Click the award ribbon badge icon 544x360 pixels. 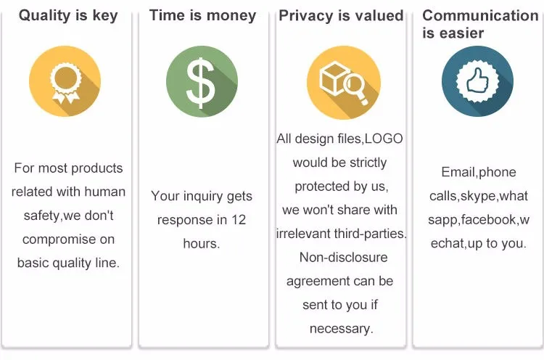pos(65,83)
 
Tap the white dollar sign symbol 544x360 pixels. pos(200,82)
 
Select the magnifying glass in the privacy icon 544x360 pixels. pos(355,88)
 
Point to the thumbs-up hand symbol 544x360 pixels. pos(477,81)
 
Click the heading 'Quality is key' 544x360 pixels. pos(68,16)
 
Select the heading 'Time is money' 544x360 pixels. pos(202,16)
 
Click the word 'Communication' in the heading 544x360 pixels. pos(480,15)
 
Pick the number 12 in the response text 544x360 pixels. pos(239,219)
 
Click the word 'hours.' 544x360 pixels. pos(202,243)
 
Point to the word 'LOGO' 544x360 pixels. pos(384,139)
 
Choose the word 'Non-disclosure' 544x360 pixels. pos(344,257)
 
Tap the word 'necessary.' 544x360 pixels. pos(342,328)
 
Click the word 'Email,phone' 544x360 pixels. pos(479,172)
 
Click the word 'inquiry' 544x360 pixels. pos(202,197)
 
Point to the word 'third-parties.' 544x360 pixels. pos(370,234)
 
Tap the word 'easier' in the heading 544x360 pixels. pos(461,33)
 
